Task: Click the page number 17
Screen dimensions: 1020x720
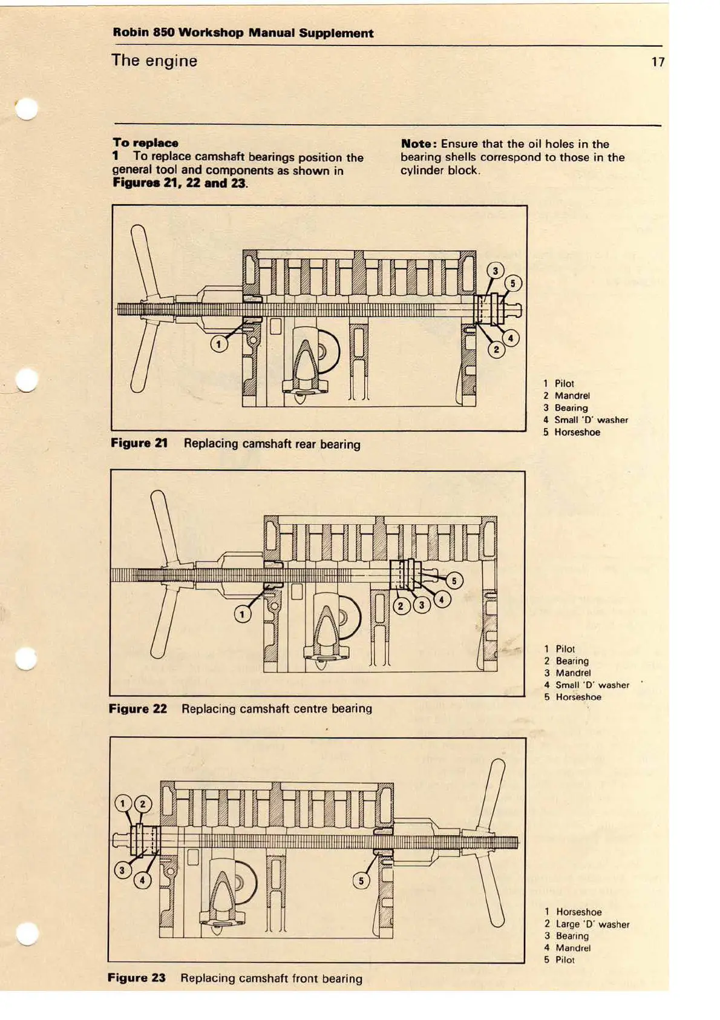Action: click(x=658, y=62)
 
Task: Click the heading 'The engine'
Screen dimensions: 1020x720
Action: click(x=154, y=61)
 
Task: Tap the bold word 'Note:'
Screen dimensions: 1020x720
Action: click(x=419, y=144)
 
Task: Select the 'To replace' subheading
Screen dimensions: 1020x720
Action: click(x=145, y=143)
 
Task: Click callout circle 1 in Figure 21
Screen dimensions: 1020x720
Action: click(x=219, y=344)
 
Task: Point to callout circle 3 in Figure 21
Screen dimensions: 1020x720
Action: click(x=496, y=271)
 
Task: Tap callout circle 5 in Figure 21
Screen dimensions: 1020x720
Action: click(x=513, y=283)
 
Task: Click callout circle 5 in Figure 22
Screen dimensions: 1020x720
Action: click(x=454, y=581)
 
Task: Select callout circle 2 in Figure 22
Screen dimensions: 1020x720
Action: click(x=401, y=605)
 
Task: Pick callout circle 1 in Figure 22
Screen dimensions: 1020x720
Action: click(x=243, y=614)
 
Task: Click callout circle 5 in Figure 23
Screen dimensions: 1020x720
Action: click(x=361, y=880)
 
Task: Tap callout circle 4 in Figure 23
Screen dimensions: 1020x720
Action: click(x=143, y=880)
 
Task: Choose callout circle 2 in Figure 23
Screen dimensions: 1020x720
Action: click(x=143, y=804)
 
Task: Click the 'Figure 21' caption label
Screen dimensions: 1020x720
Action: click(x=139, y=443)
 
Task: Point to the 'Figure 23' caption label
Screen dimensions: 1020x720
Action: click(x=137, y=978)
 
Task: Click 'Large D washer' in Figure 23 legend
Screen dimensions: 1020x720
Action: click(x=592, y=924)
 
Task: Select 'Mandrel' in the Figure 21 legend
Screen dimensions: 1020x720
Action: click(x=572, y=396)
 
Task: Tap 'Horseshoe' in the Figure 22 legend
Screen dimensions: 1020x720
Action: click(x=578, y=697)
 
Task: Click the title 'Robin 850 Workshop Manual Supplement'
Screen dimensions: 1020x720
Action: click(x=243, y=33)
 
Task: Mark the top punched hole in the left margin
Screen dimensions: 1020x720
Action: click(x=27, y=110)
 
